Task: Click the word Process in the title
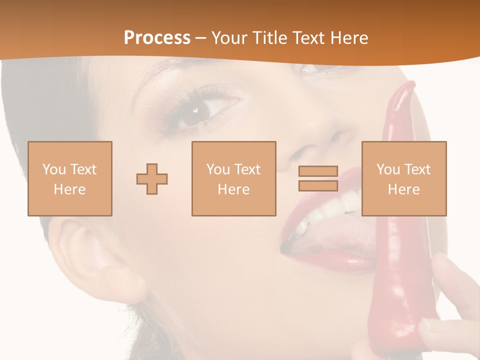(157, 37)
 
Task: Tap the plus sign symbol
(152, 179)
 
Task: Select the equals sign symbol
(318, 178)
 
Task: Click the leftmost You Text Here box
(70, 178)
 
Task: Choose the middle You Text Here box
(233, 178)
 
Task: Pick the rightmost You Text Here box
(404, 178)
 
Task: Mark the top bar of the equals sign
(318, 171)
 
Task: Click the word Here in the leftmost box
(70, 189)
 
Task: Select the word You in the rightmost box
(388, 169)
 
